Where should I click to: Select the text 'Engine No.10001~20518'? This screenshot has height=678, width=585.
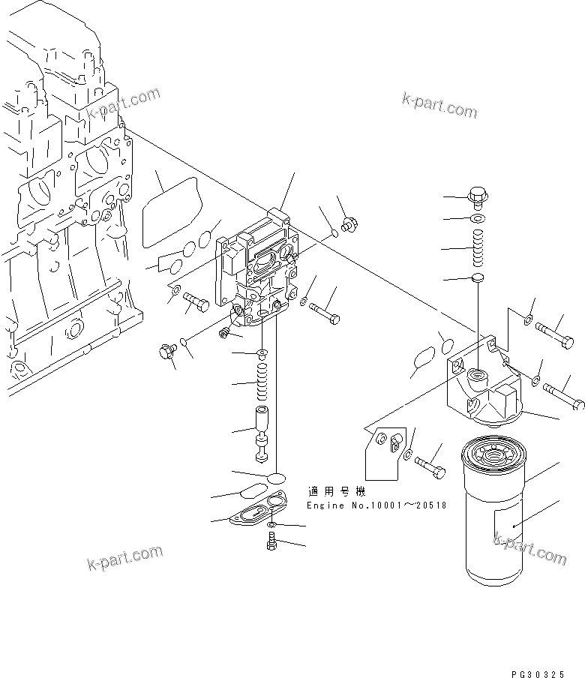pyautogui.click(x=376, y=505)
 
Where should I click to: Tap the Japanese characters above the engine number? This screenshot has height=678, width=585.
pyautogui.click(x=335, y=492)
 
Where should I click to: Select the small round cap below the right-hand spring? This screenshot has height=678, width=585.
pyautogui.click(x=477, y=280)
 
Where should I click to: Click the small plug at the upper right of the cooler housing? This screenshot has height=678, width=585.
pyautogui.click(x=349, y=224)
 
